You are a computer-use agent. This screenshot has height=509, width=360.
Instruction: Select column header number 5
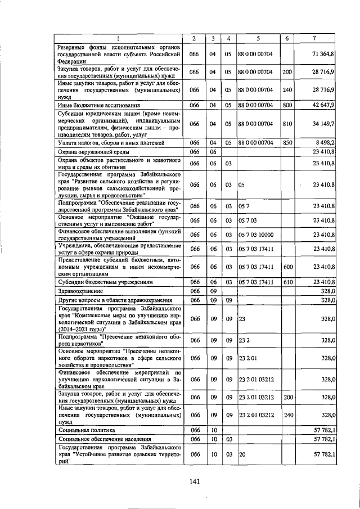pyautogui.click(x=258, y=38)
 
